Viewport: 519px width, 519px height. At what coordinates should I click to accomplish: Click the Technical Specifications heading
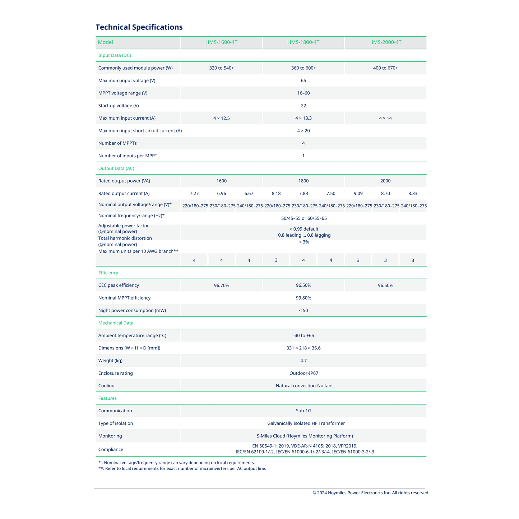pos(139,27)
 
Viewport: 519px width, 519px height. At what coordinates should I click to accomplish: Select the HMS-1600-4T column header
pos(221,42)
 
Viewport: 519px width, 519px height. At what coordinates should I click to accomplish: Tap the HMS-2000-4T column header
pos(385,42)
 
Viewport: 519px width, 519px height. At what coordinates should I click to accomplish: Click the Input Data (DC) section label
pos(115,55)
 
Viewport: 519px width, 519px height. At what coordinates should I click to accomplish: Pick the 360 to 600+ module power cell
pos(303,68)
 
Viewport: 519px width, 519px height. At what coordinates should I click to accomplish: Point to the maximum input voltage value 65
pos(303,80)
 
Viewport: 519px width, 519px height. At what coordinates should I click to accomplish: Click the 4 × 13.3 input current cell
pos(303,118)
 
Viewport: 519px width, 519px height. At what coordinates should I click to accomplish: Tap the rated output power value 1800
pos(303,181)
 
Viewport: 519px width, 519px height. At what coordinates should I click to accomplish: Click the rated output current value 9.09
pos(358,194)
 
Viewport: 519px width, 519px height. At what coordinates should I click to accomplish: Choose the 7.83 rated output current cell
pos(303,194)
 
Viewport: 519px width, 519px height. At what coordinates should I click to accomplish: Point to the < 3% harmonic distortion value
pos(303,242)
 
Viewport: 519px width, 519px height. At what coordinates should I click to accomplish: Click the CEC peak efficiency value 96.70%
pos(222,286)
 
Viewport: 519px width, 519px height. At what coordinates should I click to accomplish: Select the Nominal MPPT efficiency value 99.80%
pos(303,298)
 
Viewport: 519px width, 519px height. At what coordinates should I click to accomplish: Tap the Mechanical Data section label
pos(116,323)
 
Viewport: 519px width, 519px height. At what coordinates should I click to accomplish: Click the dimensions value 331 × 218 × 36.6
pos(303,348)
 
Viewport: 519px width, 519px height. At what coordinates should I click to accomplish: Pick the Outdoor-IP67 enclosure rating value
pos(304,373)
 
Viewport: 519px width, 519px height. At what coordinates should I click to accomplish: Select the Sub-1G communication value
pos(303,411)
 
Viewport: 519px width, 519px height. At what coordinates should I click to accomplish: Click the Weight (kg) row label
pos(111,361)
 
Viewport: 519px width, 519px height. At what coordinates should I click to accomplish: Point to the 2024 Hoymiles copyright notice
pos(371,493)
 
